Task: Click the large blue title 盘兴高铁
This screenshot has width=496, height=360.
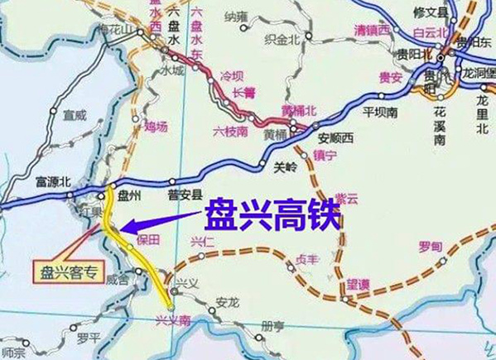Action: [x=272, y=214]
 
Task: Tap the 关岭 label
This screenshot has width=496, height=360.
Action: [x=284, y=167]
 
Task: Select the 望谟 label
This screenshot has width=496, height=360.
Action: [x=359, y=283]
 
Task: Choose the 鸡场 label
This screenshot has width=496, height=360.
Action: [x=155, y=127]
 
